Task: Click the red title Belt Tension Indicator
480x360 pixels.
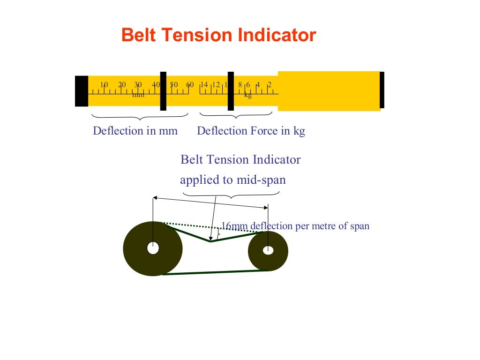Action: (x=218, y=36)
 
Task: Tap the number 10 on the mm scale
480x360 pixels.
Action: (x=104, y=85)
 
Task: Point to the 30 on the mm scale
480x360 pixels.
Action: (x=138, y=85)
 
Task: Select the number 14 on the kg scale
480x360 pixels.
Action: (x=204, y=85)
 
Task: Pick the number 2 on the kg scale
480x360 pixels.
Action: (x=270, y=85)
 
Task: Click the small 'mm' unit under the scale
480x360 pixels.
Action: (x=138, y=95)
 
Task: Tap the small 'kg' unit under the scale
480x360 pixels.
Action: (x=248, y=95)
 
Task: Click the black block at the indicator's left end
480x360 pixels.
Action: (x=82, y=91)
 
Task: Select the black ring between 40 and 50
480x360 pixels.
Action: (x=163, y=91)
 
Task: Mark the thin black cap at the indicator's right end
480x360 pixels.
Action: (x=382, y=90)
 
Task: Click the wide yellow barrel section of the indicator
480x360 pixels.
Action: (x=329, y=91)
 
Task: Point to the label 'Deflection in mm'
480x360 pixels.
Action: (x=135, y=131)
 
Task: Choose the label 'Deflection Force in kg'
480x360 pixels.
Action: (x=251, y=131)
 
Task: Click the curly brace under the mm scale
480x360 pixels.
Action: (x=140, y=116)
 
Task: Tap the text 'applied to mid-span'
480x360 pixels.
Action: (x=232, y=180)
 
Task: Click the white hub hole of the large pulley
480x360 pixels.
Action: (x=153, y=248)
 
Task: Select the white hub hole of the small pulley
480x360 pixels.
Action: (x=268, y=250)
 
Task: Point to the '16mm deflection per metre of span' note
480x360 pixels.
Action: (x=295, y=226)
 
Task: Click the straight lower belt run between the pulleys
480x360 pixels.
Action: (x=215, y=272)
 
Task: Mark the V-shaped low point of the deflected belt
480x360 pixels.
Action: (x=210, y=241)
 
